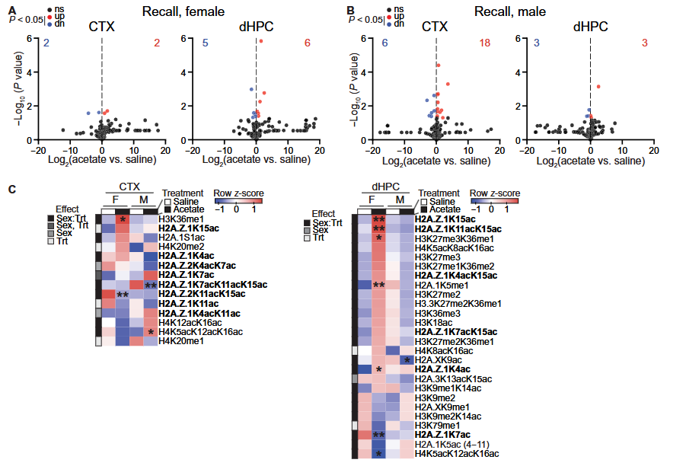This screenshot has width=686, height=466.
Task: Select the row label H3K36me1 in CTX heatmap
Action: [181, 219]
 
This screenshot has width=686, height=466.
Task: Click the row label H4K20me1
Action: [181, 341]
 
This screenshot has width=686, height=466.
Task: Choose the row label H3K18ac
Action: [435, 322]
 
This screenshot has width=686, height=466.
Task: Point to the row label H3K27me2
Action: [436, 294]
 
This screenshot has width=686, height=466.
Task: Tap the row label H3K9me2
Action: [436, 397]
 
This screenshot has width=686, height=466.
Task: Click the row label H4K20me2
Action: [181, 246]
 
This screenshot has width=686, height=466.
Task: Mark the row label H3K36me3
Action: [436, 312]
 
